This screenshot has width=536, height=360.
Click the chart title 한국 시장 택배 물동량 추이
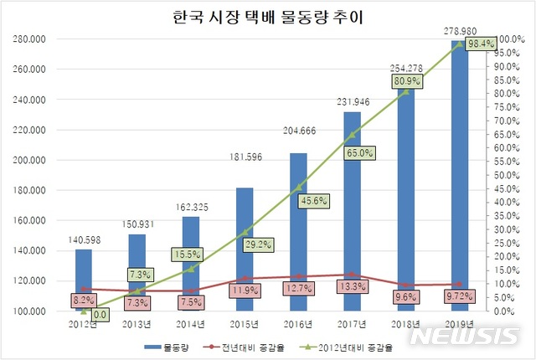(x=268, y=16)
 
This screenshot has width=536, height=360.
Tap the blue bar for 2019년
(x=460, y=176)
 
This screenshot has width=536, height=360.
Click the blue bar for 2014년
(x=191, y=264)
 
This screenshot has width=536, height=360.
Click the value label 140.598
(x=83, y=239)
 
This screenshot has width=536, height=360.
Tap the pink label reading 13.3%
(x=353, y=288)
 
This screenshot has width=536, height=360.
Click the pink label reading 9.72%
(x=459, y=296)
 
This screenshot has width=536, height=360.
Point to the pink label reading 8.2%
(x=84, y=299)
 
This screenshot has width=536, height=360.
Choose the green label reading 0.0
(x=99, y=315)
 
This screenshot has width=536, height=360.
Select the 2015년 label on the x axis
(x=244, y=323)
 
